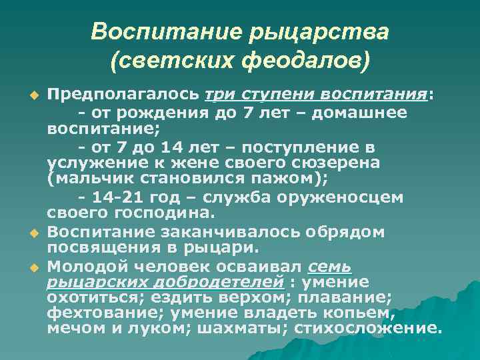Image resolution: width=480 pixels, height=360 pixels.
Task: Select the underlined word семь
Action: point(330,267)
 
